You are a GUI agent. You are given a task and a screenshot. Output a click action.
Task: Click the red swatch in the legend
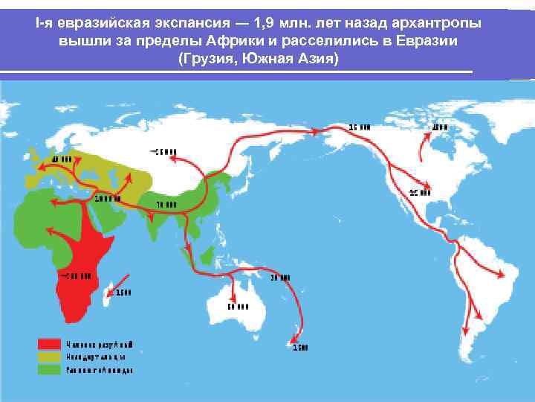(49, 345)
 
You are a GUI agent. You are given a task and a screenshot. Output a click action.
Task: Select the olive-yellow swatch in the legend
(49, 357)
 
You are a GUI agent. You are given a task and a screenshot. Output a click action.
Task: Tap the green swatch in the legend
(49, 368)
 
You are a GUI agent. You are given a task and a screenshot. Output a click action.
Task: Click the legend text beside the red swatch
(100, 345)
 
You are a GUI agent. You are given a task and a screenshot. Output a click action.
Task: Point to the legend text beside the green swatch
(100, 369)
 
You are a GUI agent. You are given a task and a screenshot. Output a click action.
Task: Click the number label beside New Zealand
(300, 347)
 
